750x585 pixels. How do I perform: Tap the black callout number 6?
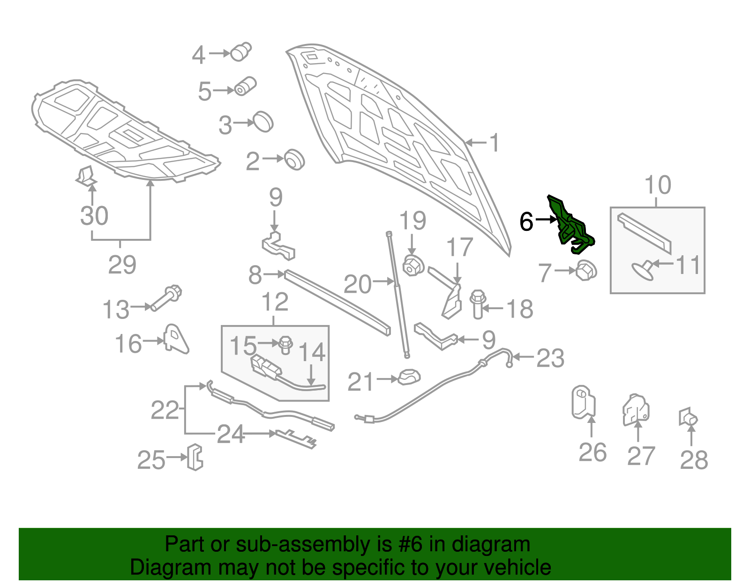click(526, 221)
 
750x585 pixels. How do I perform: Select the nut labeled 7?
click(586, 270)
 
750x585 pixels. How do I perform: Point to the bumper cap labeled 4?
click(241, 51)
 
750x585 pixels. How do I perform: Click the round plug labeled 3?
click(263, 122)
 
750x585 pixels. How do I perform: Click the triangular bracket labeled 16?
click(175, 339)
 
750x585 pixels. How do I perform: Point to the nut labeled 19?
click(412, 266)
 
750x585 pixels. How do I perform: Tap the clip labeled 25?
click(195, 457)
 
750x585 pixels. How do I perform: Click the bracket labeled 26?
click(583, 401)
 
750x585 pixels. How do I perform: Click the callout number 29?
click(122, 265)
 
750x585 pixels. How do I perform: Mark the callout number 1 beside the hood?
click(495, 143)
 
